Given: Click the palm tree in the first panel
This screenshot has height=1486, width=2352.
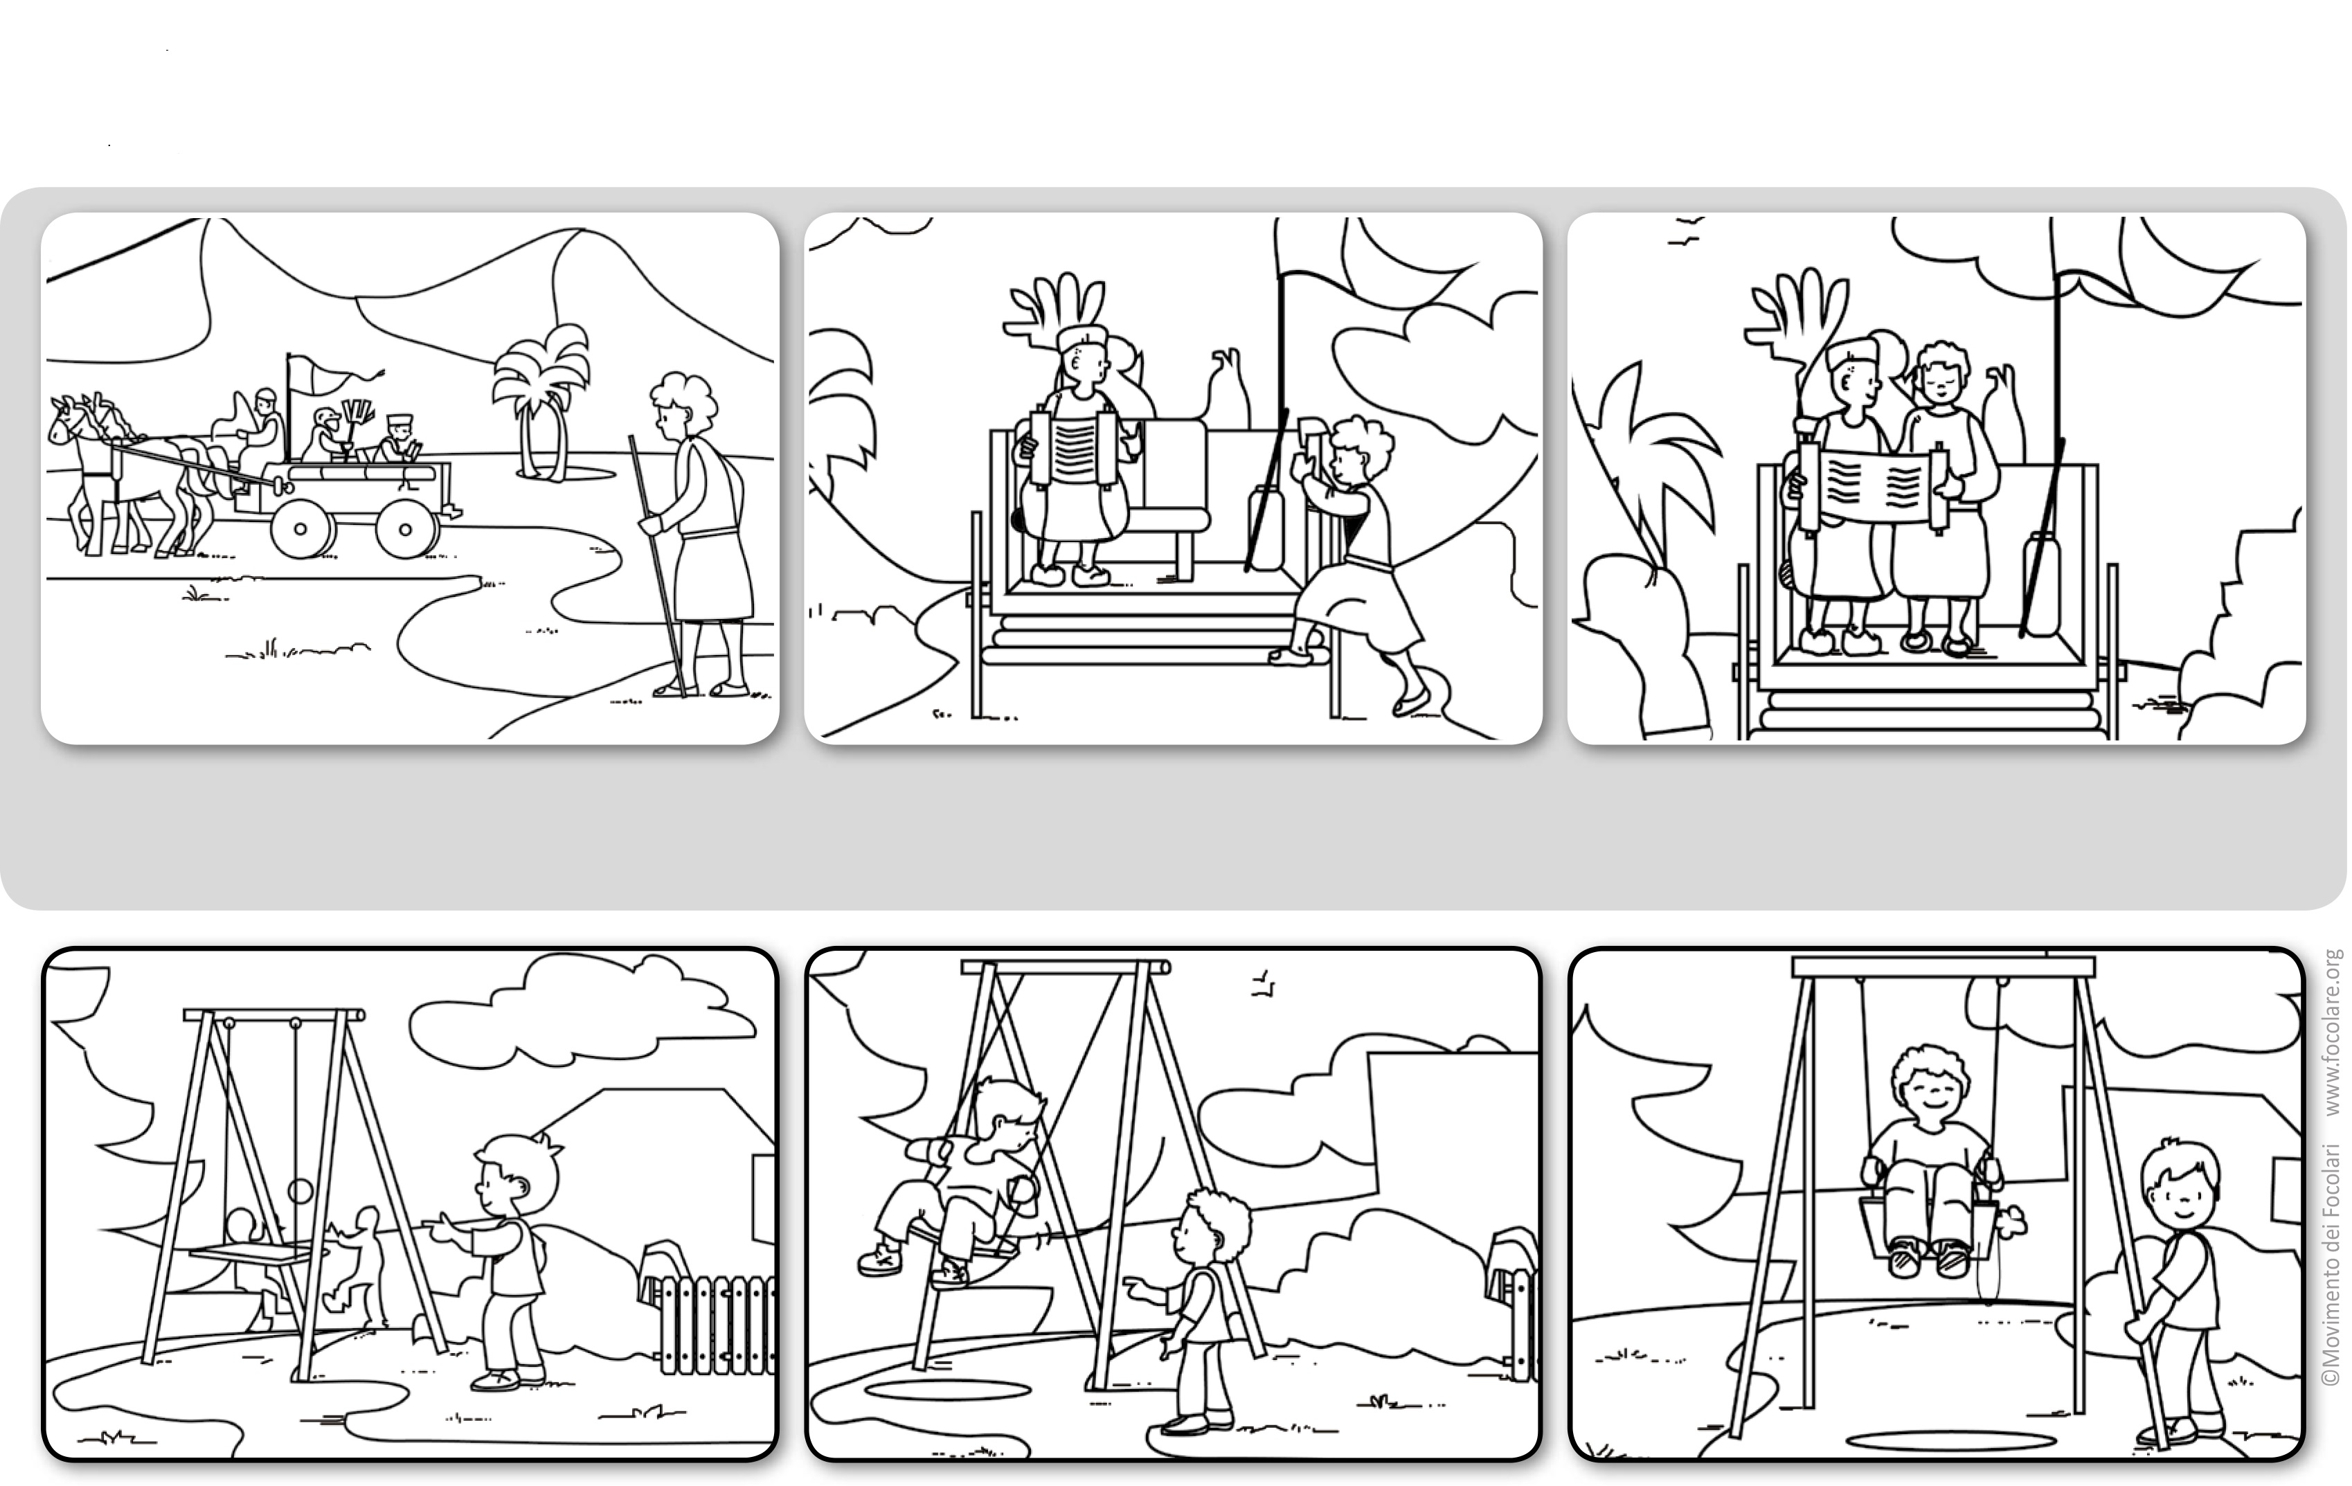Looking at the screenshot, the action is [x=540, y=400].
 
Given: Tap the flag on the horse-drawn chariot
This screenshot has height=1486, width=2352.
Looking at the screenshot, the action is [x=332, y=371].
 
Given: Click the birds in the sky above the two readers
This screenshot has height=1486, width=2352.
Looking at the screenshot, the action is [x=1682, y=231].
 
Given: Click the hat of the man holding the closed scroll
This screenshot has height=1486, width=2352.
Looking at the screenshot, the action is [x=1083, y=338].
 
